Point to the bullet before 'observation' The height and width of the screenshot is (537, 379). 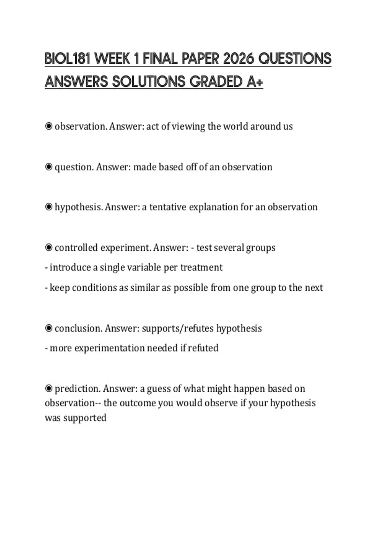tap(49, 126)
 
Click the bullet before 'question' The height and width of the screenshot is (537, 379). tap(49, 167)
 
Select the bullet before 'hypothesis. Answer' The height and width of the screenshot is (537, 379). tap(49, 207)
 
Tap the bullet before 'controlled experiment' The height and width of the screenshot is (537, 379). tap(49, 247)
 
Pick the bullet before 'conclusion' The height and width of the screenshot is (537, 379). tap(49, 328)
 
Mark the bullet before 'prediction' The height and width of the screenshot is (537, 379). tap(49, 388)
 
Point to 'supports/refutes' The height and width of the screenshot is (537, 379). tap(178, 328)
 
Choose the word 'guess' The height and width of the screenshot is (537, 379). tap(159, 389)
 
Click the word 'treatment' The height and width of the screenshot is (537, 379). tap(201, 268)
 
